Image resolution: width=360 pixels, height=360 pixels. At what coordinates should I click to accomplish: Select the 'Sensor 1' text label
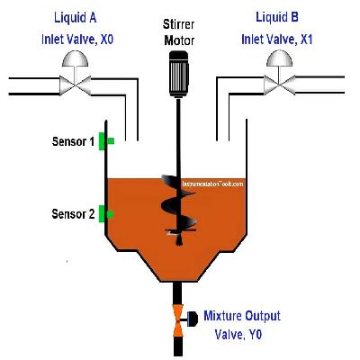tap(73, 141)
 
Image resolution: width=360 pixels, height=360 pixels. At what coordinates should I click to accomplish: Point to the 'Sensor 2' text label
tap(73, 214)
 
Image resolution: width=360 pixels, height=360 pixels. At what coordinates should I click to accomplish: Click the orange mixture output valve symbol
tap(179, 319)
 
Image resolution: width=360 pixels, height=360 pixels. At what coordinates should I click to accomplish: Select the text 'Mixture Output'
tap(241, 316)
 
